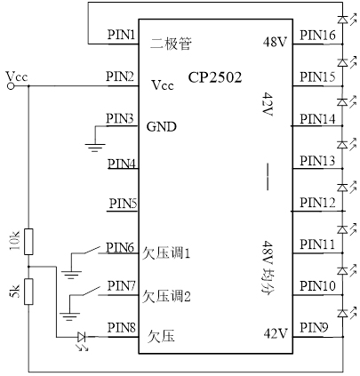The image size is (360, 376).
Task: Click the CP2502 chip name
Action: pyautogui.click(x=215, y=77)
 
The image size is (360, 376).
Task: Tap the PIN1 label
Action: pyautogui.click(x=121, y=35)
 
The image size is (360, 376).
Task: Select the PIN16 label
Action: pyautogui.click(x=317, y=35)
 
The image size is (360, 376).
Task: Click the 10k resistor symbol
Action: pyautogui.click(x=28, y=242)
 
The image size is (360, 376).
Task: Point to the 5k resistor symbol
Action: pyautogui.click(x=28, y=292)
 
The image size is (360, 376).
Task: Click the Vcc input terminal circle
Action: pyautogui.click(x=11, y=86)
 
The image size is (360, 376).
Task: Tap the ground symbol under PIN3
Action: pyautogui.click(x=95, y=148)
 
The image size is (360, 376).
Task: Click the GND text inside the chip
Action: pyautogui.click(x=162, y=127)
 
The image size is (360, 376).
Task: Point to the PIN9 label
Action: pyautogui.click(x=314, y=328)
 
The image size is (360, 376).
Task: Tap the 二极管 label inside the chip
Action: pyautogui.click(x=171, y=44)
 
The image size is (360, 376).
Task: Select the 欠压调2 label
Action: pyautogui.click(x=166, y=296)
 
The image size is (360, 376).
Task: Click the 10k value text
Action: pyautogui.click(x=15, y=242)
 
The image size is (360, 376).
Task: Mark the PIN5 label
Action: pyautogui.click(x=123, y=204)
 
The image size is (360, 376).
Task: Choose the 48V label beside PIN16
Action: pyautogui.click(x=275, y=43)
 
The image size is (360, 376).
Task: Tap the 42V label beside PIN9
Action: pyautogui.click(x=276, y=333)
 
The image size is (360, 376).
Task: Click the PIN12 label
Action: pyautogui.click(x=317, y=203)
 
